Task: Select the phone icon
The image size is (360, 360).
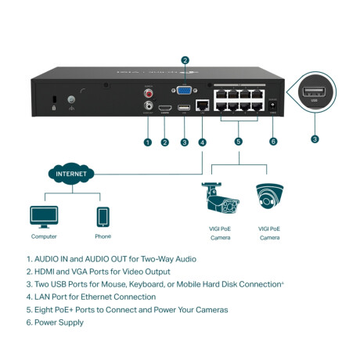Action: pyautogui.click(x=103, y=217)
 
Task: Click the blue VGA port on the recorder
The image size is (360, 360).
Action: pyautogui.click(x=185, y=91)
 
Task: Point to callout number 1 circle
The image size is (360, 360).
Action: pyautogui.click(x=146, y=142)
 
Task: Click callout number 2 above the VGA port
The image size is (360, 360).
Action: pyautogui.click(x=185, y=59)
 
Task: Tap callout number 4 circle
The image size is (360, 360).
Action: pyautogui.click(x=203, y=142)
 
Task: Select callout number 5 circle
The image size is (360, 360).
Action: pyautogui.click(x=239, y=142)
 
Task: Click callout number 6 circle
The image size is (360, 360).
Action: pyautogui.click(x=273, y=142)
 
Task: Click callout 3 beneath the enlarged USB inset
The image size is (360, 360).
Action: pyautogui.click(x=315, y=139)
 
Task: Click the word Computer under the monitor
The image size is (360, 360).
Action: pyautogui.click(x=44, y=236)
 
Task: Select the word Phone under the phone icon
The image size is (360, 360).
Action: pyautogui.click(x=103, y=236)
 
